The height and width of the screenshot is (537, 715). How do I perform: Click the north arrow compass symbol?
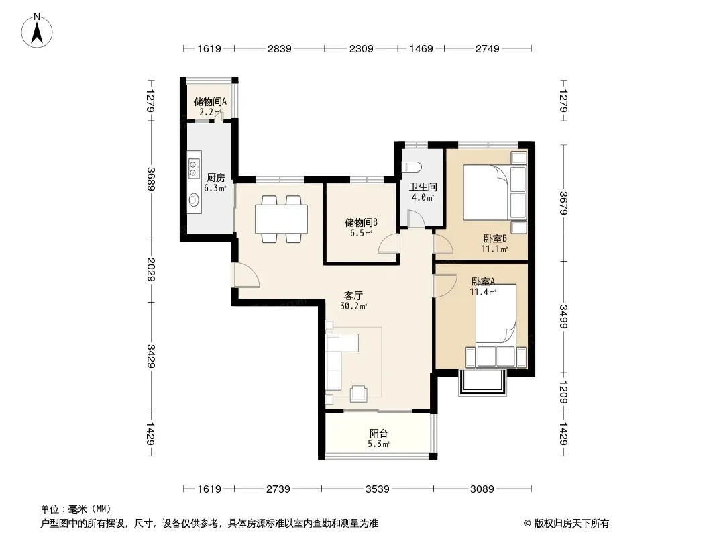(37, 30)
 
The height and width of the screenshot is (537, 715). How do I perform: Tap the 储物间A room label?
(210, 102)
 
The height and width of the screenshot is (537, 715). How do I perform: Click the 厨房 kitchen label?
(216, 177)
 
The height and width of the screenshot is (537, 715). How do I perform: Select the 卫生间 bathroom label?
(423, 187)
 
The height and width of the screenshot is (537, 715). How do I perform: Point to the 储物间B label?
(361, 222)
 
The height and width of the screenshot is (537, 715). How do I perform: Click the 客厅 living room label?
(353, 295)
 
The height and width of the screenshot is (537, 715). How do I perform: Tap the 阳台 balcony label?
(378, 433)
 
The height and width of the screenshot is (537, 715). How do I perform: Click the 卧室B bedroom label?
(495, 238)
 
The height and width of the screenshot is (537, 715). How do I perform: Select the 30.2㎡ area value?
(353, 307)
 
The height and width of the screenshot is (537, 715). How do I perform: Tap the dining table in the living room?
(281, 219)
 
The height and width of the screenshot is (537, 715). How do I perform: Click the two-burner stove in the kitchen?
(195, 168)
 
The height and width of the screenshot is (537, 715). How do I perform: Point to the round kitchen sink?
(195, 200)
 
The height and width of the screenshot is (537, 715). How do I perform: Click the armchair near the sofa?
(359, 394)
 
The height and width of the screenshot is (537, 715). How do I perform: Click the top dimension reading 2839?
(280, 48)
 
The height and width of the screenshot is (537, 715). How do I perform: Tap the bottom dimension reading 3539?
(378, 489)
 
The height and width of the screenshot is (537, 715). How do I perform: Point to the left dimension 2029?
(151, 270)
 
